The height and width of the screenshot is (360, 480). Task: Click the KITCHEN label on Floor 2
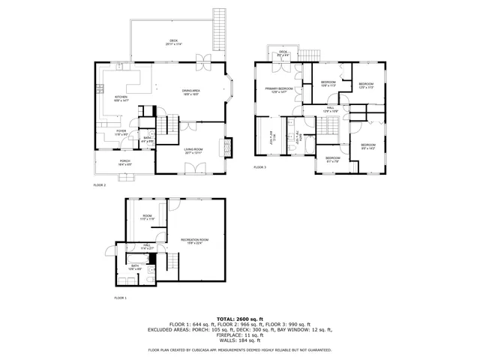[x=121, y=98]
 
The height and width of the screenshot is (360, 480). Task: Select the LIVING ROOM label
[x=193, y=151]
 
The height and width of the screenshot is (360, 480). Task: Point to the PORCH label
[x=124, y=163]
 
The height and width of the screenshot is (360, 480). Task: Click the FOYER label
[x=121, y=132]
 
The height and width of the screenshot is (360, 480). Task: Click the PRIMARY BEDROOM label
[x=277, y=91]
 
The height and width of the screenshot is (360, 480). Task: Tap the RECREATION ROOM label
[x=194, y=241]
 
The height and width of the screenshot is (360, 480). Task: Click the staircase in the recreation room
[x=172, y=263]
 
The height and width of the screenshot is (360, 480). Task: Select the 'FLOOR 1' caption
[x=121, y=298]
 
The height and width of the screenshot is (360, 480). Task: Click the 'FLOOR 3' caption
[x=259, y=166]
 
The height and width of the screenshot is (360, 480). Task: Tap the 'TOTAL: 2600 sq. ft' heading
[x=239, y=318]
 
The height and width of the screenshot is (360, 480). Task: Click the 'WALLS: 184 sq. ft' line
[x=240, y=340]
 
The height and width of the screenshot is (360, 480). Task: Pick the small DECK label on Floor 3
[x=283, y=53]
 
